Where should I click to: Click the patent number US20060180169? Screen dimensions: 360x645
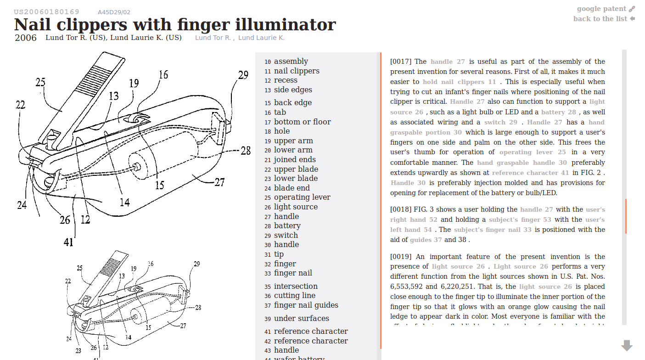pos(46,12)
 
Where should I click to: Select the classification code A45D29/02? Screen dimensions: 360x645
pos(114,12)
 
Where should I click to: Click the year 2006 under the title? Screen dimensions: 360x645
pos(26,38)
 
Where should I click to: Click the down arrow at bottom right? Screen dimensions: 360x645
pos(627,345)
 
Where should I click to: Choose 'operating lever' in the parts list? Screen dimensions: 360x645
pos(302,197)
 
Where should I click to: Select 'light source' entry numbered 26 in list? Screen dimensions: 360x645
pos(296,207)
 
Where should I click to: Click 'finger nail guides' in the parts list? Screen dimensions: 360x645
pos(306,305)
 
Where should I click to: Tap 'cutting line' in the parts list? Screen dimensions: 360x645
pos(294,296)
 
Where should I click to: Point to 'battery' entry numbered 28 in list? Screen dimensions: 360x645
pos(287,226)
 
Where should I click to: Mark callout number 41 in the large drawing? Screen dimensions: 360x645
pos(68,242)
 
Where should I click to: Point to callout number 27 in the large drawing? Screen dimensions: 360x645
pos(219,182)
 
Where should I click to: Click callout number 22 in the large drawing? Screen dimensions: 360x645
pos(20,105)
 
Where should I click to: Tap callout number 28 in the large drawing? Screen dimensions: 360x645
pos(246,150)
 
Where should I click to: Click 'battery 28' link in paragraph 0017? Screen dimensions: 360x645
pos(558,112)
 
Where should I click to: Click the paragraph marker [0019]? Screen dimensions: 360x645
pos(401,257)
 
